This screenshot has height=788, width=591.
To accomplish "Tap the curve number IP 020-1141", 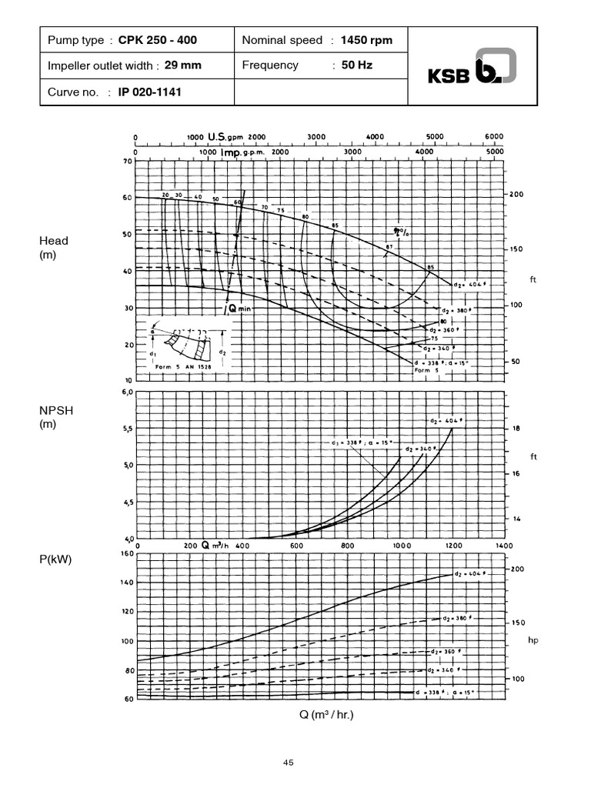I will [150, 92].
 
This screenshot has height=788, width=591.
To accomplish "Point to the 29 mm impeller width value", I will [183, 65].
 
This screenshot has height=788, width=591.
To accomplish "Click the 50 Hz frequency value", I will [356, 65].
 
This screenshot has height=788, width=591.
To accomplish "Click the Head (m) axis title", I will [54, 246].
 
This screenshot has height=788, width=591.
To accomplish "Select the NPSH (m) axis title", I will [55, 417].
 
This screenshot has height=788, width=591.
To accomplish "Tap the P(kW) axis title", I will [55, 559].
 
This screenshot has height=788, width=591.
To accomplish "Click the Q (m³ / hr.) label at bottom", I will [326, 714].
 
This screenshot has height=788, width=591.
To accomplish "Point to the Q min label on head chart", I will [240, 308].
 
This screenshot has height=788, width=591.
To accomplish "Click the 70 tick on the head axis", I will [128, 162].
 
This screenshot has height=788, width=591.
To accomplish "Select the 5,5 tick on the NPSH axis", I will [127, 429].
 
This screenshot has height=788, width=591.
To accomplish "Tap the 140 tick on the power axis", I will [126, 583].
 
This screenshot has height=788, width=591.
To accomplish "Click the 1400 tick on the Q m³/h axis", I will [503, 545].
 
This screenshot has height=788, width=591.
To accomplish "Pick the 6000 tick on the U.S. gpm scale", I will [494, 136].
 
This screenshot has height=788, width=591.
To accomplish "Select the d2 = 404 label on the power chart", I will [469, 574].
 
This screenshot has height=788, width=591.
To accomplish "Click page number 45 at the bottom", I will [289, 763].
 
